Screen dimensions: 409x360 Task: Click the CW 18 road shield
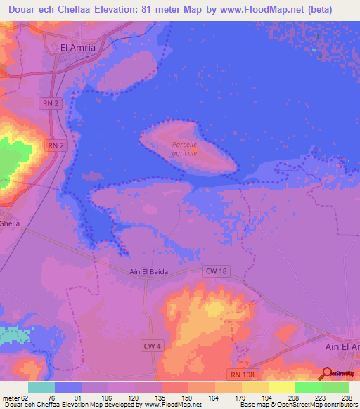point(215,271)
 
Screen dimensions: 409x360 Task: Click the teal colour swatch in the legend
point(41,387)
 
